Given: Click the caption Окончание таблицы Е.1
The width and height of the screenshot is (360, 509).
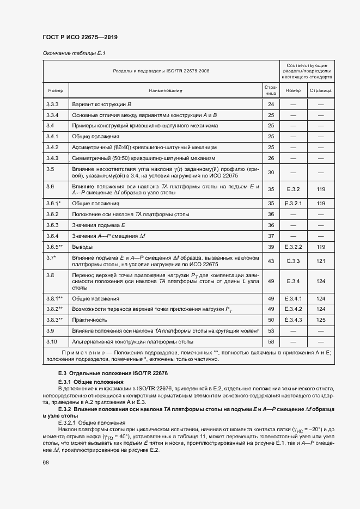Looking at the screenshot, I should tap(74, 53).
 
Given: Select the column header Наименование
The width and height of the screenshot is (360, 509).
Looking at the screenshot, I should tap(164, 90).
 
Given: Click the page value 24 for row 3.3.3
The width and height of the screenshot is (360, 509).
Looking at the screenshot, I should tap(271, 104).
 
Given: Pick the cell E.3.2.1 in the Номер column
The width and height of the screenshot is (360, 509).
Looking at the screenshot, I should tap(293, 203).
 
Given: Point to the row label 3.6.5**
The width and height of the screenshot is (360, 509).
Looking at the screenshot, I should tap(54, 247).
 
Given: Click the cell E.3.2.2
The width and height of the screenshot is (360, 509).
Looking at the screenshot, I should tap(293, 247).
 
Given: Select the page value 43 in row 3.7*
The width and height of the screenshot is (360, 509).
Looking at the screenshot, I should tap(271, 261).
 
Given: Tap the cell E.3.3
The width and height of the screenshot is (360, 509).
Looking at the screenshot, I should tap(293, 261).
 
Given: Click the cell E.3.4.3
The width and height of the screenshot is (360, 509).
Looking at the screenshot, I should tap(293, 320).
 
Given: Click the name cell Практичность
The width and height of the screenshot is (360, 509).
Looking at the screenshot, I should tap(88, 320).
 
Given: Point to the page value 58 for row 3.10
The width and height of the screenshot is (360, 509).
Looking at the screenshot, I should tap(271, 341).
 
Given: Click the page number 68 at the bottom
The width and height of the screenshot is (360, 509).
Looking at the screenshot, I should tap(45, 462).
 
